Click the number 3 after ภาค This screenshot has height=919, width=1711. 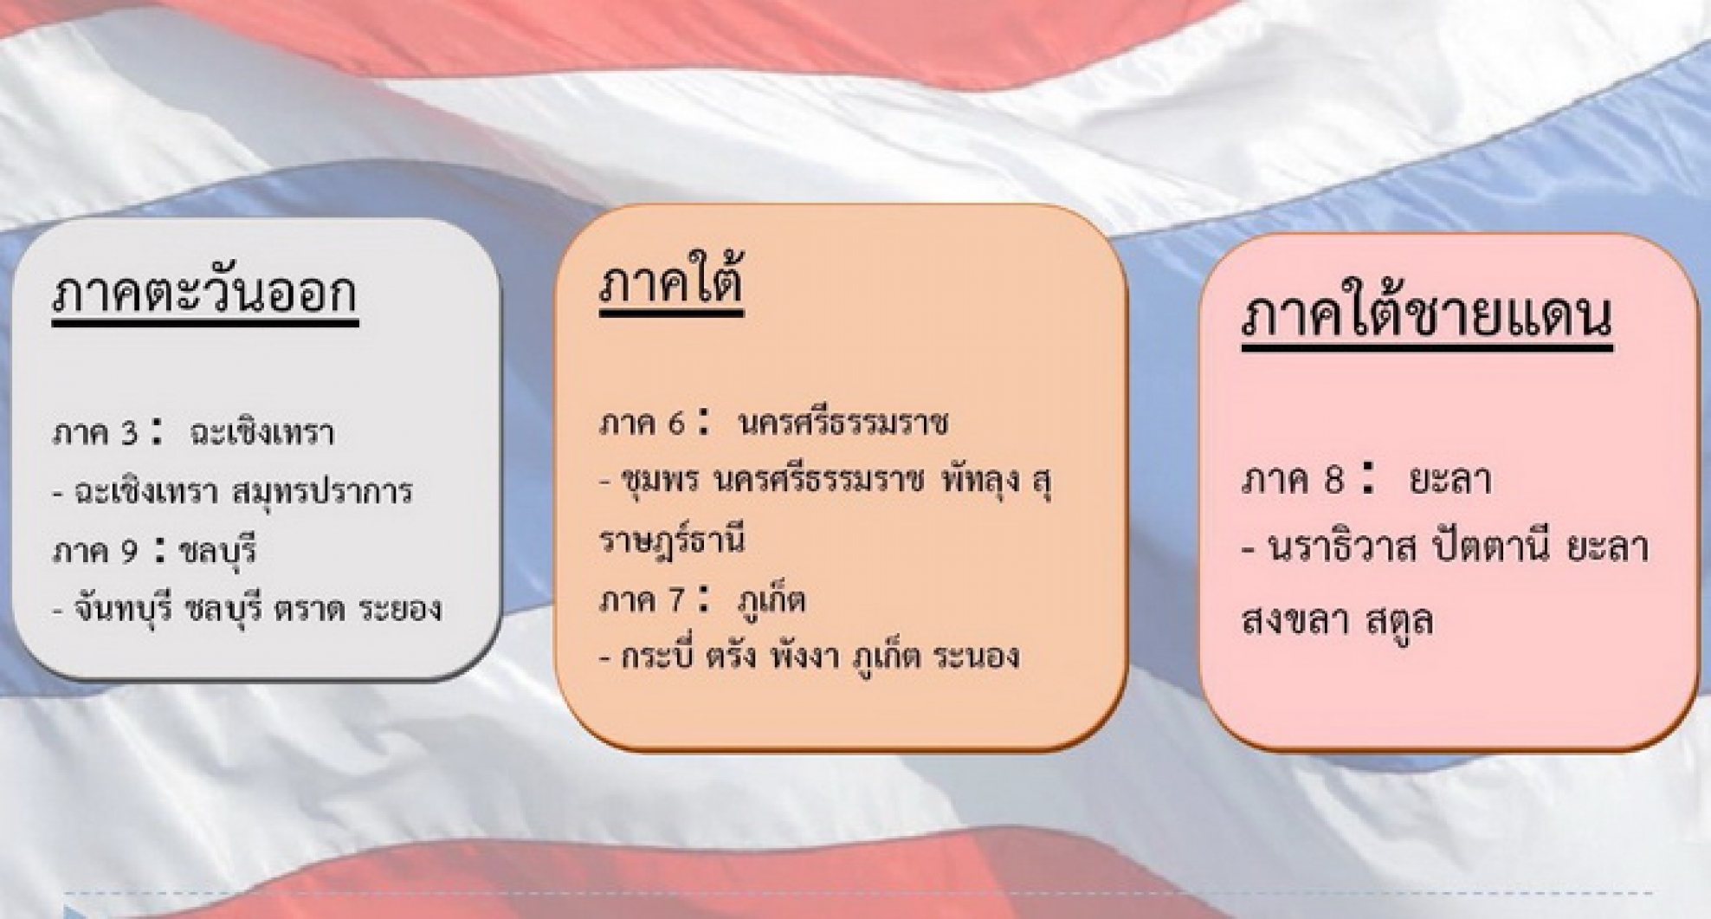(129, 433)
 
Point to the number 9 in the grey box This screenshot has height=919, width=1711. (128, 551)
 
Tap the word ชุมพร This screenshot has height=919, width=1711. (661, 482)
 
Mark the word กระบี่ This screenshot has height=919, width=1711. (660, 657)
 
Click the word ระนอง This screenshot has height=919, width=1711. (977, 657)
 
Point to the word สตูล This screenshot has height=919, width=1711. (1399, 620)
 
